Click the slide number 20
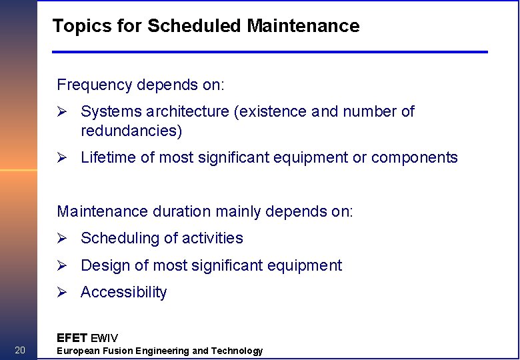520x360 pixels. point(20,351)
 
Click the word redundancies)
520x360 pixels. point(131,131)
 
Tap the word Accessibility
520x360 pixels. point(123,293)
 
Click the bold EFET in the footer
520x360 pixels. point(71,338)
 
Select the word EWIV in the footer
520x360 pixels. point(104,338)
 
